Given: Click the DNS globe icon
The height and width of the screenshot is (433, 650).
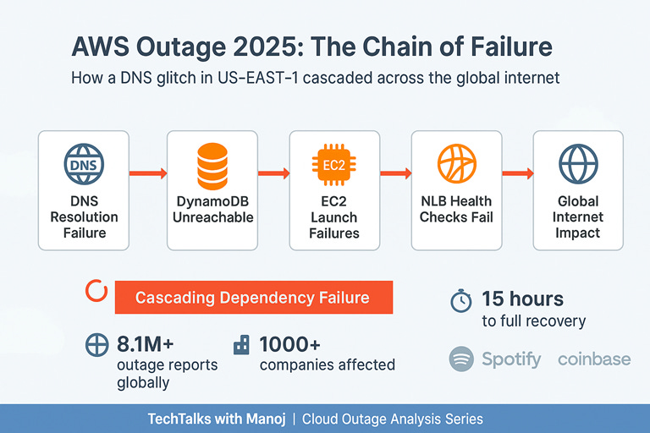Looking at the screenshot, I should [x=83, y=162].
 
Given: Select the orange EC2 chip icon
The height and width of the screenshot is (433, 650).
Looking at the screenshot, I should [x=333, y=162].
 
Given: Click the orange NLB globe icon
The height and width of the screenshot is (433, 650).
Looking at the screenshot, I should [x=456, y=163].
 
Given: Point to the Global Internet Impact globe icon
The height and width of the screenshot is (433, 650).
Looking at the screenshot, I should [x=578, y=162].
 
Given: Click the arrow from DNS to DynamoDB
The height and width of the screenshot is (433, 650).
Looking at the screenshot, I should [x=148, y=173].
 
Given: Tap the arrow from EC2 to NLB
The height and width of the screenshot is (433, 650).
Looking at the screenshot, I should [x=393, y=173].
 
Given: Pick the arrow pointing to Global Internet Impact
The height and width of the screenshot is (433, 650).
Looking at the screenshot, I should [x=515, y=173].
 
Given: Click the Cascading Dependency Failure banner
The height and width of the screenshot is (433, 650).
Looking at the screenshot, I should [x=252, y=298].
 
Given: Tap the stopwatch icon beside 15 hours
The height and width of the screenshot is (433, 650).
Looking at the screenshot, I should [x=460, y=300].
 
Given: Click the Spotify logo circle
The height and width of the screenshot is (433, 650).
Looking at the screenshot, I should [x=461, y=359].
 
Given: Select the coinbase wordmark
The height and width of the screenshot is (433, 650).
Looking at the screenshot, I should [x=594, y=359].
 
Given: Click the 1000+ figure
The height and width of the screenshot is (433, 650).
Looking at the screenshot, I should [x=290, y=345].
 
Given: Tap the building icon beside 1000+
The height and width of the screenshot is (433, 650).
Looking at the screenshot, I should [x=242, y=344].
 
